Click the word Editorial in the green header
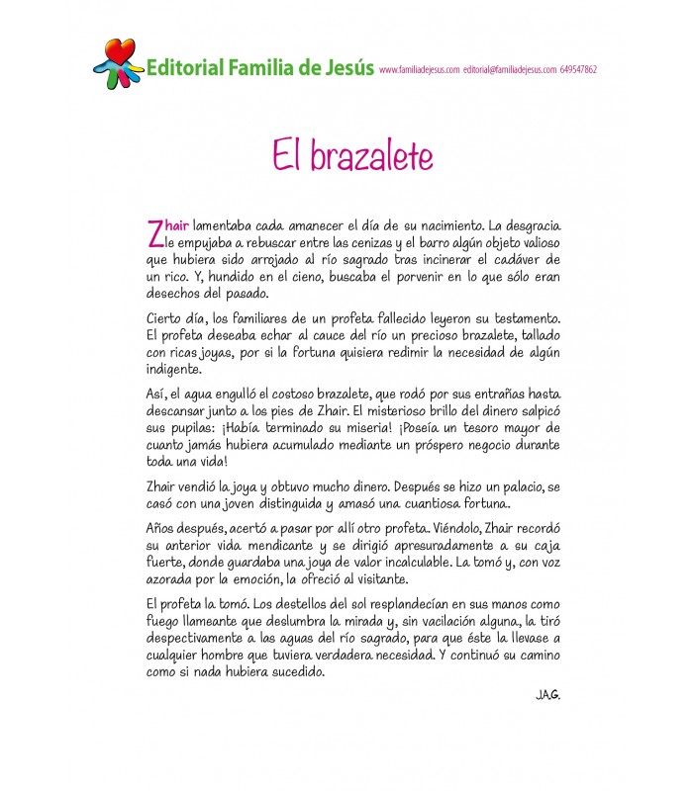(182, 68)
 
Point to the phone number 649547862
(578, 70)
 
